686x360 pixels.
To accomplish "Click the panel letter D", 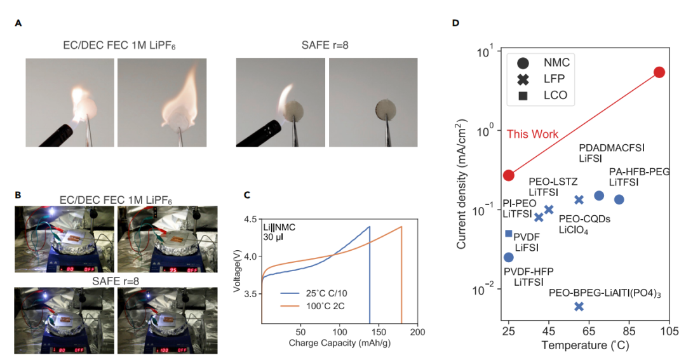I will pos(455,23).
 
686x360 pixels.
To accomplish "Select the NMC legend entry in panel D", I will pos(524,62).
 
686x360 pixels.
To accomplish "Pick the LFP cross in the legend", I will pos(524,79).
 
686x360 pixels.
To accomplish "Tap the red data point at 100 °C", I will pos(659,72).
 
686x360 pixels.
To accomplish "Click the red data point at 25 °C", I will pos(509,175).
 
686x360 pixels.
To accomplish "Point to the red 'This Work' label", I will pos(532,134).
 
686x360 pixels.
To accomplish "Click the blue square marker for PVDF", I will pos(509,234).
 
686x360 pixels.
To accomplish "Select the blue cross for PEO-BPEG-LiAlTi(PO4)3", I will pos(579,307).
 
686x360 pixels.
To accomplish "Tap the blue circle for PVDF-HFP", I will pos(509,257).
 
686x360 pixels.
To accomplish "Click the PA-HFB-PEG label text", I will pos(639,171).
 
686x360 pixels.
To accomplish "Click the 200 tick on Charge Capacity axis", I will pos(417,333).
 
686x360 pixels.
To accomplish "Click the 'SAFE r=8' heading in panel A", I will pos(326,46).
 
